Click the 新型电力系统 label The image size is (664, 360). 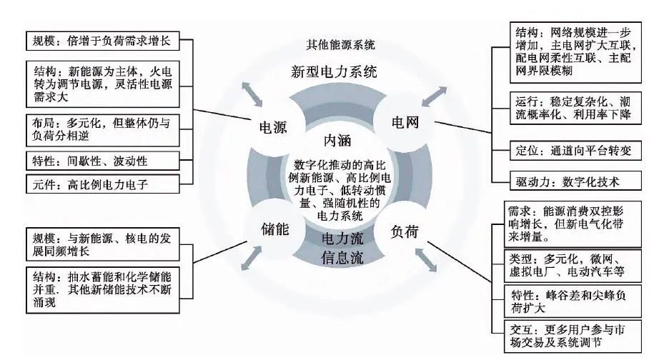click(x=334, y=72)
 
